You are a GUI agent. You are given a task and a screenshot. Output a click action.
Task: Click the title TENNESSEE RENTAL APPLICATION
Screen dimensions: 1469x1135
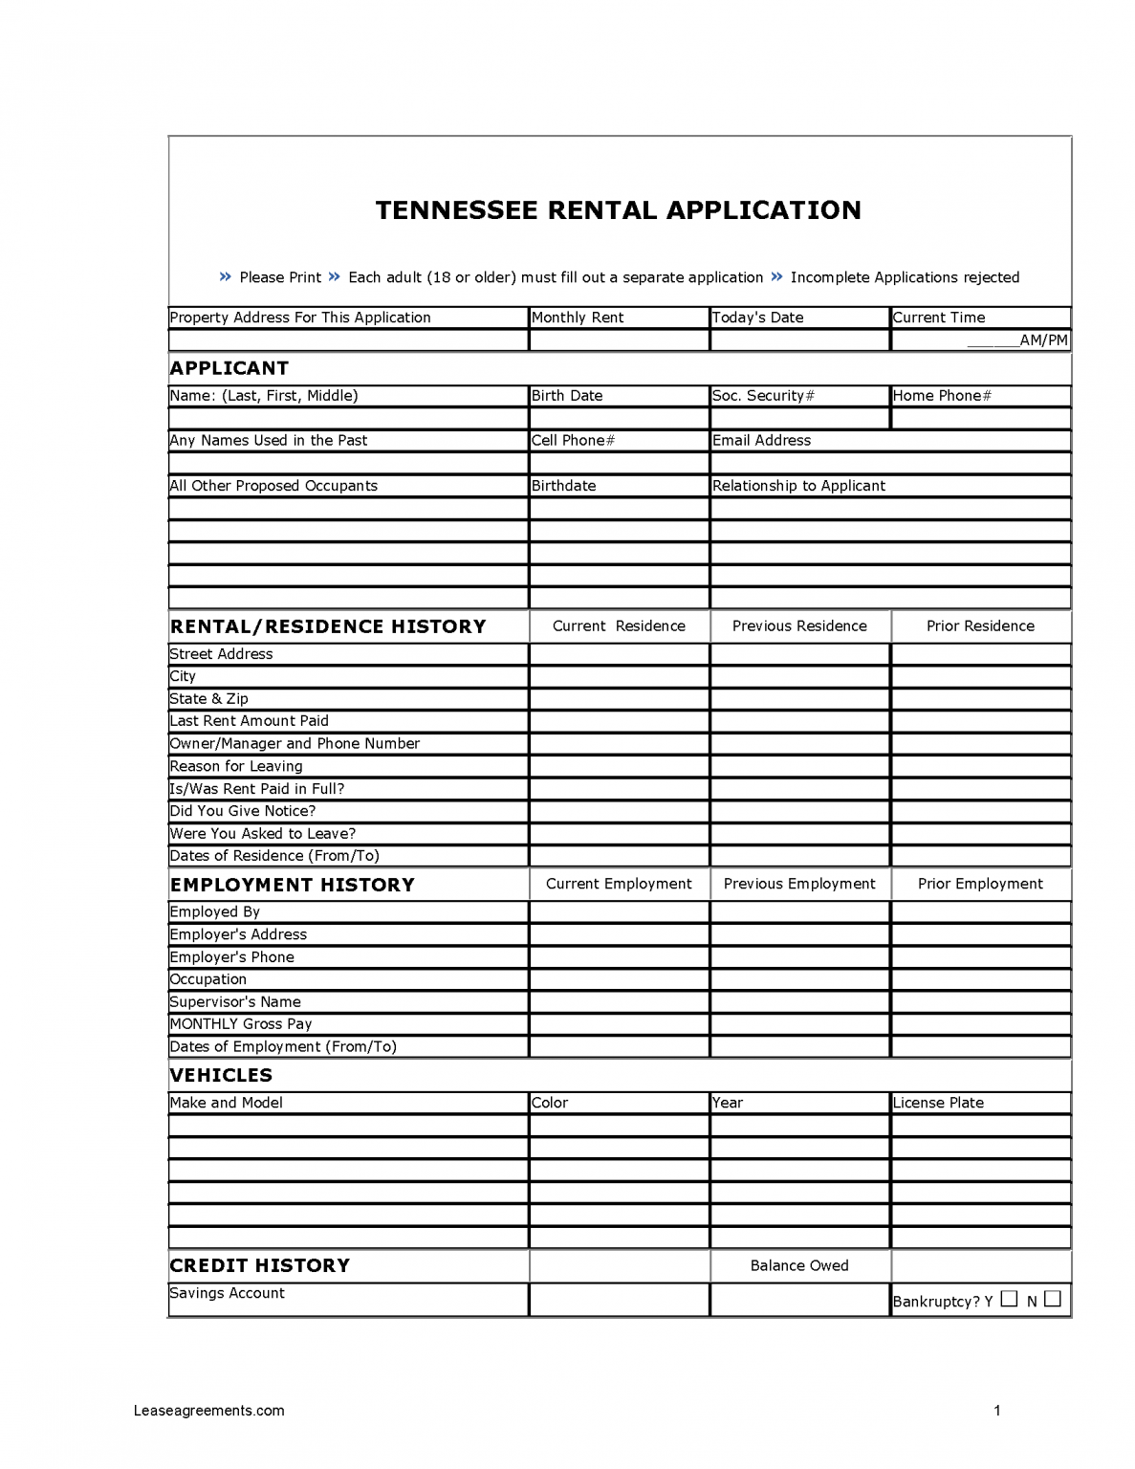tap(618, 210)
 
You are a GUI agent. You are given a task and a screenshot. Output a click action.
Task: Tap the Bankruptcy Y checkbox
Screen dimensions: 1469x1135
tap(1010, 1299)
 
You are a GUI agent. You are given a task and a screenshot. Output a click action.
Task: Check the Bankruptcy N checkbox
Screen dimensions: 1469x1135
tap(1053, 1299)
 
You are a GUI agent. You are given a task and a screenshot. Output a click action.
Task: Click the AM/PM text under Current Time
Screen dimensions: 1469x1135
tap(1043, 340)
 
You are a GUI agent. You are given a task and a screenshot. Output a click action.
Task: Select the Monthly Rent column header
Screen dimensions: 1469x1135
tap(578, 318)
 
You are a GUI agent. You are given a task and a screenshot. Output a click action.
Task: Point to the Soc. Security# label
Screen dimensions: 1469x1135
tap(763, 396)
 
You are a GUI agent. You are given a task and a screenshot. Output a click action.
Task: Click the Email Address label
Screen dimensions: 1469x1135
tap(761, 441)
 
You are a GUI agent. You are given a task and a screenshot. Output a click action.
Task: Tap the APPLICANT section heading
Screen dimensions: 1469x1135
tap(229, 368)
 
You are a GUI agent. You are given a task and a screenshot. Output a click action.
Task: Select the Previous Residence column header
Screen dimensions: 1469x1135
tap(799, 626)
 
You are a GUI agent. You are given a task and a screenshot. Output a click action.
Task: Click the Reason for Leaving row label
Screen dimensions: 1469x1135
tap(236, 766)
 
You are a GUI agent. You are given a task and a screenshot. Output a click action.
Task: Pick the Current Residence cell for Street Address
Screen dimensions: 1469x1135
tap(619, 654)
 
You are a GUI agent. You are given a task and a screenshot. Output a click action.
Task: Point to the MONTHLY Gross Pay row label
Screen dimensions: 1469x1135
tap(241, 1024)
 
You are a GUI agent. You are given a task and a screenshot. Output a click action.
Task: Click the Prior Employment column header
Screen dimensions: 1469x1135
tap(980, 884)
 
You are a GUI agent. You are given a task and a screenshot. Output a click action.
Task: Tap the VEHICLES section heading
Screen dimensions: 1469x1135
tap(221, 1075)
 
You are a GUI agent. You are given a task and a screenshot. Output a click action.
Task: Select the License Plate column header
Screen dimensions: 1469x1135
tap(938, 1103)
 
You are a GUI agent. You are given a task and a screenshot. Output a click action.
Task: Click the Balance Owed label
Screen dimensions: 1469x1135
tap(799, 1265)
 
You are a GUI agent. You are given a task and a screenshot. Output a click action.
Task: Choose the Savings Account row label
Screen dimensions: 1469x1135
tap(228, 1293)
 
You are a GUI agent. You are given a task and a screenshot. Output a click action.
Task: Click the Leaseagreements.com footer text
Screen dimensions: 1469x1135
tap(210, 1411)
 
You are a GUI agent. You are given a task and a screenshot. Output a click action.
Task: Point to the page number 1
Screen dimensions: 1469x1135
tap(997, 1411)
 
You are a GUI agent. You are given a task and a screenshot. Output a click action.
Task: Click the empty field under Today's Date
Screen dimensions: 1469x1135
tap(799, 340)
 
